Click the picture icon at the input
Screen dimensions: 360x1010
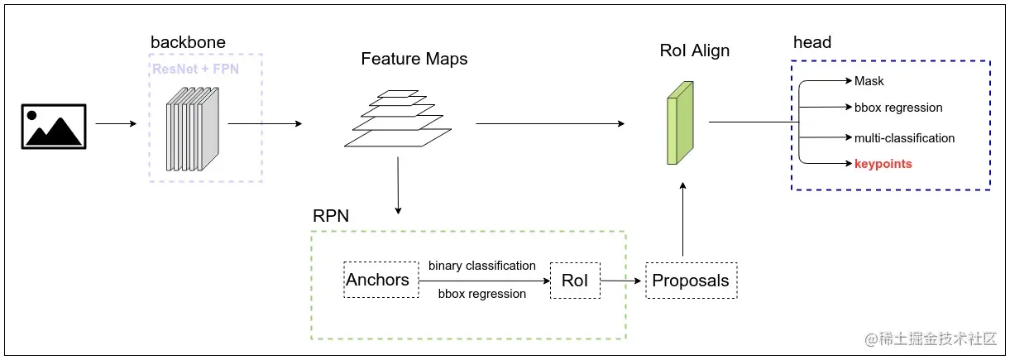click(54, 127)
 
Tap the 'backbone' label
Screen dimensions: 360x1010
click(188, 42)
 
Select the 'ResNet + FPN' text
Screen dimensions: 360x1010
click(195, 69)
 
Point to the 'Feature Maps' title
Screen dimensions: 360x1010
click(414, 59)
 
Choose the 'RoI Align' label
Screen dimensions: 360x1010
click(694, 51)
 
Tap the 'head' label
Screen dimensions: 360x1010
click(811, 42)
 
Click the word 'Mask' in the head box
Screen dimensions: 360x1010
click(869, 81)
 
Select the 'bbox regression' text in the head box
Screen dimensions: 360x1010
click(898, 108)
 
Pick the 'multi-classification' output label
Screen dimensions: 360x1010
click(904, 138)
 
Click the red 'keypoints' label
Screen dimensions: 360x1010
click(883, 164)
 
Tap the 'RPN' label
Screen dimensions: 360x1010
click(330, 217)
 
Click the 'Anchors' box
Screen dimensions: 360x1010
click(377, 280)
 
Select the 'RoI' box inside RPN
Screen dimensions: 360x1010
click(574, 281)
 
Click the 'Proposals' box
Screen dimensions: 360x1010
click(691, 281)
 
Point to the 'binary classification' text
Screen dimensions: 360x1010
click(481, 266)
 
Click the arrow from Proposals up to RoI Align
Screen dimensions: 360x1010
click(682, 219)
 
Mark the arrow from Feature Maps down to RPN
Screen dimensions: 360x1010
click(399, 185)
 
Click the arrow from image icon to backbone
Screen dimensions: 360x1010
click(116, 124)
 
